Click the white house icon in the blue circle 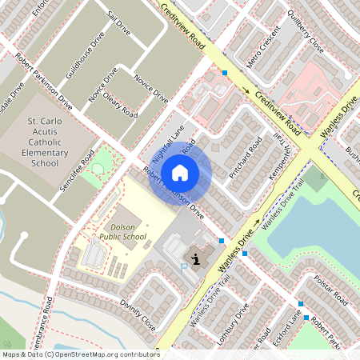pyautogui.click(x=181, y=171)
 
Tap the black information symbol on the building pyautogui.click(x=196, y=258)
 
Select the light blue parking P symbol pyautogui.click(x=184, y=266)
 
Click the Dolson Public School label pyautogui.click(x=123, y=232)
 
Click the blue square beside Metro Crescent pyautogui.click(x=225, y=73)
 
